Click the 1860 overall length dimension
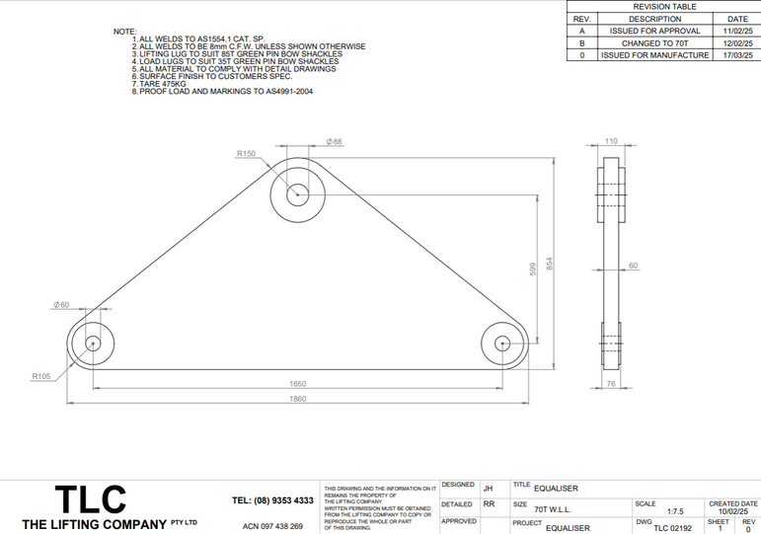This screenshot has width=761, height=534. (x=297, y=398)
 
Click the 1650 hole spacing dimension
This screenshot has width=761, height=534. (x=297, y=382)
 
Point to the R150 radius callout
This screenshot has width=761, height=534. (x=246, y=153)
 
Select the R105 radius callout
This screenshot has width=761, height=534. (x=40, y=376)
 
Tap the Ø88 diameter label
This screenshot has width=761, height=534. (x=334, y=142)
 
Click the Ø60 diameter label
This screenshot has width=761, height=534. (x=61, y=305)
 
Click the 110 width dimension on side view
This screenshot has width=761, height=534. (x=611, y=142)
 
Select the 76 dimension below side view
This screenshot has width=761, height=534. (x=610, y=383)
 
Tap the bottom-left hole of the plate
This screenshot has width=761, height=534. (x=93, y=343)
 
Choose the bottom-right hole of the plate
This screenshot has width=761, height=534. (x=502, y=343)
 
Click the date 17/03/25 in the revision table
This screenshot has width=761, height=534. (x=737, y=55)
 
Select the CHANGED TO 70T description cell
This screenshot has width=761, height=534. (x=654, y=43)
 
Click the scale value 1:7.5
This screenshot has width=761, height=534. (x=676, y=511)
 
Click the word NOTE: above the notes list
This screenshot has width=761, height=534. (x=125, y=32)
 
